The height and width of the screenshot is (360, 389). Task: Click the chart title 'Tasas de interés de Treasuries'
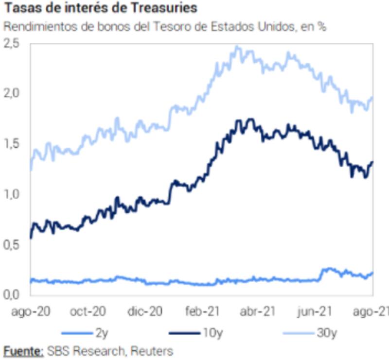(x=101, y=8)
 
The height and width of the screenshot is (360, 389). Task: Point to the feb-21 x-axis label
(x=201, y=311)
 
